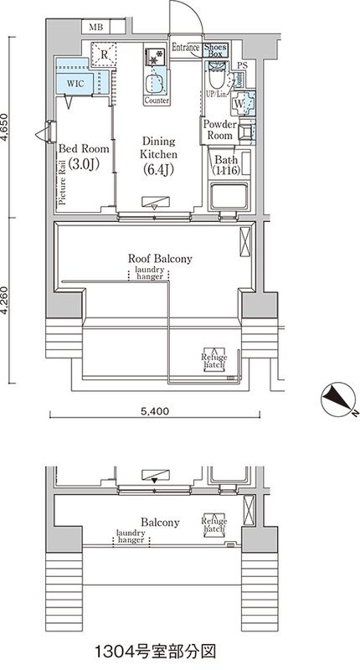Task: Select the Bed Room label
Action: click(x=79, y=157)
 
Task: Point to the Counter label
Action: click(x=157, y=100)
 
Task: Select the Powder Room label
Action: click(x=220, y=130)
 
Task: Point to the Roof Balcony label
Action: click(x=160, y=259)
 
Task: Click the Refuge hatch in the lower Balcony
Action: click(x=213, y=527)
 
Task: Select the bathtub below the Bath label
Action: click(x=229, y=198)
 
